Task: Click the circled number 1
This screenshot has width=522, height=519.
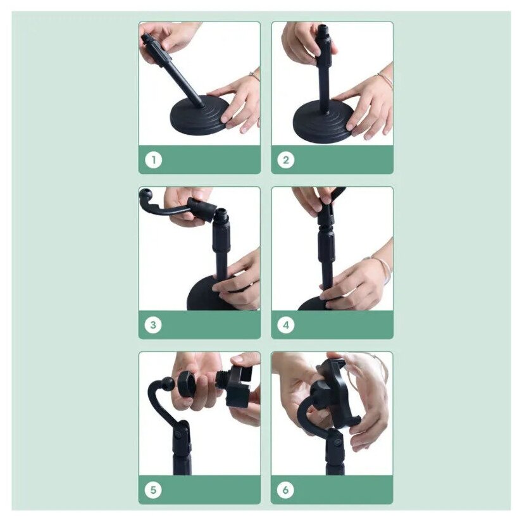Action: (x=154, y=160)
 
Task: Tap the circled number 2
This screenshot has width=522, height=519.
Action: (x=285, y=160)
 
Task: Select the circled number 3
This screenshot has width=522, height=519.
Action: (x=154, y=325)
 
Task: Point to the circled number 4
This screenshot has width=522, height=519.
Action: (x=285, y=325)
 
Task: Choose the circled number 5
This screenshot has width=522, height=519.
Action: (x=154, y=490)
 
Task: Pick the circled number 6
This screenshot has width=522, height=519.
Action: (x=285, y=490)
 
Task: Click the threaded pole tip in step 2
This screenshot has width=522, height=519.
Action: (x=323, y=30)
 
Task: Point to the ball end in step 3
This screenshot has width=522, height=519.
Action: (x=146, y=194)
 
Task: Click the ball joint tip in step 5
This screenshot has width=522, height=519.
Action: (x=168, y=382)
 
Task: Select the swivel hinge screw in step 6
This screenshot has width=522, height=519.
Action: (x=338, y=442)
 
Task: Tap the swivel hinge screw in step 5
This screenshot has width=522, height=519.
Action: (x=178, y=434)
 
